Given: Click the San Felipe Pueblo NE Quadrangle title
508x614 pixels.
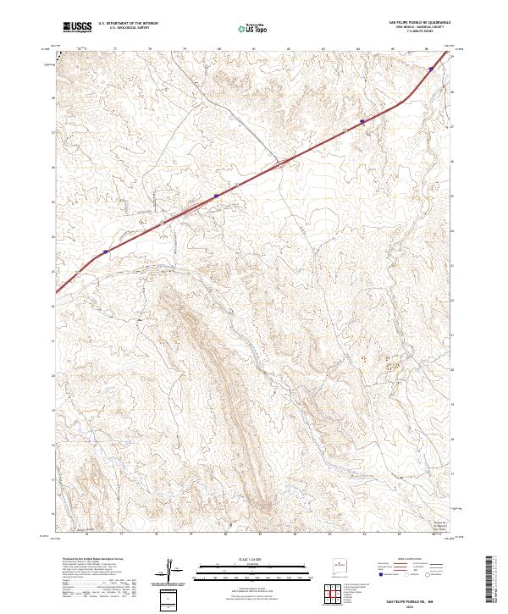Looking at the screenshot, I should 418,23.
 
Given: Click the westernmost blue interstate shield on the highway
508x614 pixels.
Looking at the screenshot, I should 106,252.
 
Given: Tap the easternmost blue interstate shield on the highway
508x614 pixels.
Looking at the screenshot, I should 432,70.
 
